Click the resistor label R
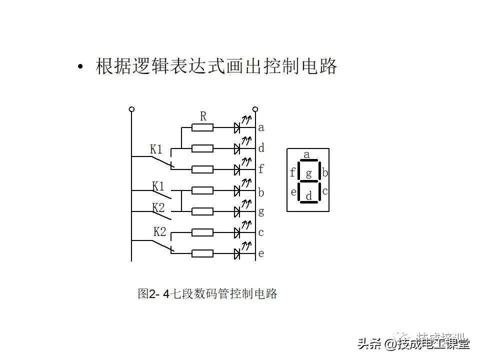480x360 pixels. click(x=203, y=116)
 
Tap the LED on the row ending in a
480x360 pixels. click(x=238, y=128)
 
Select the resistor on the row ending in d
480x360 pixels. click(x=202, y=148)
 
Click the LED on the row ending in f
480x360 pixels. click(x=238, y=169)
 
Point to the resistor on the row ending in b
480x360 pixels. click(x=202, y=190)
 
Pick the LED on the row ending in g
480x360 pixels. click(x=238, y=211)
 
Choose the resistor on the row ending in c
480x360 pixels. click(x=202, y=232)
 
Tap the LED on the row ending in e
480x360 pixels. click(x=238, y=253)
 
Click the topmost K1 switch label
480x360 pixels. click(x=156, y=149)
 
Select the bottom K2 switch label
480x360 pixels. click(x=159, y=232)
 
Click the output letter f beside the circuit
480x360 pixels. click(x=261, y=169)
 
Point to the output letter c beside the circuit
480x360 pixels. click(x=261, y=232)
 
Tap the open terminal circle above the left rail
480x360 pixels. click(x=131, y=109)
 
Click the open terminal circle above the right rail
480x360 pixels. click(x=255, y=109)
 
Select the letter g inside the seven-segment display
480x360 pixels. click(x=308, y=173)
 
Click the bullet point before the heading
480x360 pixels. click(x=80, y=68)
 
